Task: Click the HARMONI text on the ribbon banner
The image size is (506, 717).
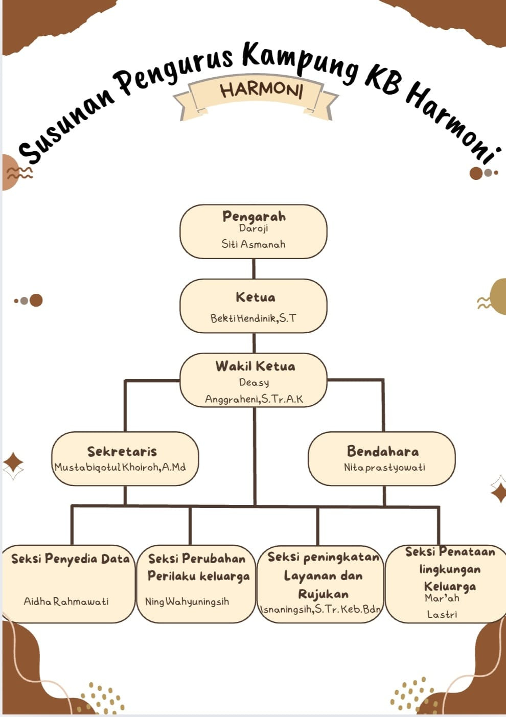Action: click(261, 90)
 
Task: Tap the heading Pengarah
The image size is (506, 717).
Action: click(254, 216)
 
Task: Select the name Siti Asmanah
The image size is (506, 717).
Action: click(254, 244)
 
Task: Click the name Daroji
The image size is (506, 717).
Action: click(254, 228)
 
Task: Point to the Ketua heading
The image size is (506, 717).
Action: click(255, 297)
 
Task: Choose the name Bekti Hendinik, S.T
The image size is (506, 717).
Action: click(253, 318)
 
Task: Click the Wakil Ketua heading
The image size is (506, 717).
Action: click(255, 366)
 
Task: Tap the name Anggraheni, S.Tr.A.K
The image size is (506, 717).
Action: click(254, 399)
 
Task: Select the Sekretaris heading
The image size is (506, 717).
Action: click(122, 451)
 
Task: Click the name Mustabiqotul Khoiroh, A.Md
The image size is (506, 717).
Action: click(120, 467)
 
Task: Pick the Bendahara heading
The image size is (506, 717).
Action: click(383, 451)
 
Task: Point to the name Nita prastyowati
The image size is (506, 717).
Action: click(384, 467)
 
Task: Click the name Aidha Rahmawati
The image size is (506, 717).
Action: click(66, 602)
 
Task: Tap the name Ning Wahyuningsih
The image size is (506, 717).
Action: click(187, 602)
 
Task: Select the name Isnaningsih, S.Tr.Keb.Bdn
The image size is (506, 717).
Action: click(320, 609)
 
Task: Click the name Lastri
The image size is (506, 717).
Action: click(442, 614)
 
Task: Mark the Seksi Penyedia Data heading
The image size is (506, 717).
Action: click(71, 559)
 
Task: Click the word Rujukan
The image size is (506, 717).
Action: click(323, 594)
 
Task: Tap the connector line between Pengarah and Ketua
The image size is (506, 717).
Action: click(254, 269)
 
